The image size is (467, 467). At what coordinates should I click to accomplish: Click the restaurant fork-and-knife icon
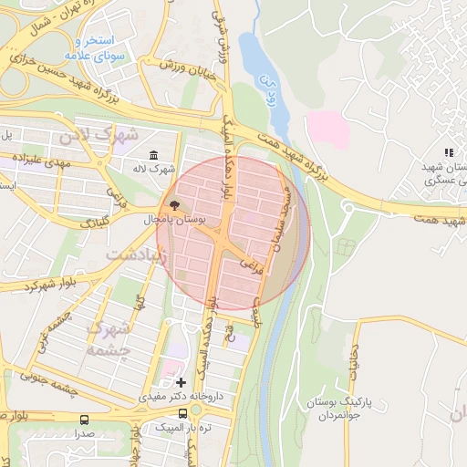pyautogui.click(x=448, y=152)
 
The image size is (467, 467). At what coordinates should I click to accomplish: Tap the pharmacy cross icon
pyautogui.click(x=181, y=382)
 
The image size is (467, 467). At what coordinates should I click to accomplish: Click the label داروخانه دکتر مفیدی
pyautogui.click(x=176, y=398)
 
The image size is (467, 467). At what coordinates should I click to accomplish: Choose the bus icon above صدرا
pyautogui.click(x=85, y=420)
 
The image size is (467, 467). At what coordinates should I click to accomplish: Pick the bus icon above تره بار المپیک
pyautogui.click(x=183, y=412)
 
